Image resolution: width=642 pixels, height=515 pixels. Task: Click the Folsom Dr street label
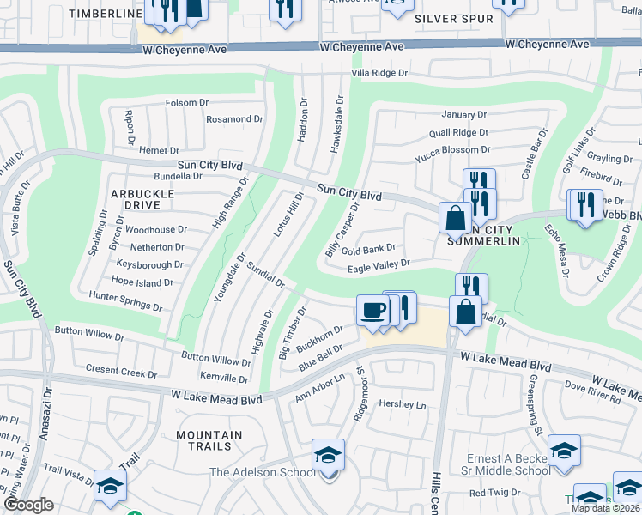tap(187, 103)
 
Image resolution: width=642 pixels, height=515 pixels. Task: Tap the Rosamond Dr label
tap(235, 119)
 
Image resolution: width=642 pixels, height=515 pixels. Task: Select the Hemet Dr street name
tap(159, 150)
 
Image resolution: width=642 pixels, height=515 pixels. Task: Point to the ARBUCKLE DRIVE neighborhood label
tap(142, 199)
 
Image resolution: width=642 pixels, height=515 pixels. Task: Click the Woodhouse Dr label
tap(155, 230)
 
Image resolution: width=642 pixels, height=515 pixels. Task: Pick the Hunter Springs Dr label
tap(125, 300)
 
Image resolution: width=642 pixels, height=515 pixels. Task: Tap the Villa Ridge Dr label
tap(379, 74)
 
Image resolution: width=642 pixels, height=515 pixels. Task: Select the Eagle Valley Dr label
tap(379, 268)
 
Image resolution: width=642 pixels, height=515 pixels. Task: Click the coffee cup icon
tap(372, 309)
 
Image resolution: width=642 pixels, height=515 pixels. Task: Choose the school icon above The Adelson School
tap(328, 455)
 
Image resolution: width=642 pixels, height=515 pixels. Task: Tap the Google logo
tap(28, 505)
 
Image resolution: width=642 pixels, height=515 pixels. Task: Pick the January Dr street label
tap(464, 114)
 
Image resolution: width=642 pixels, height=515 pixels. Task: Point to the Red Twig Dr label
tap(489, 493)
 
